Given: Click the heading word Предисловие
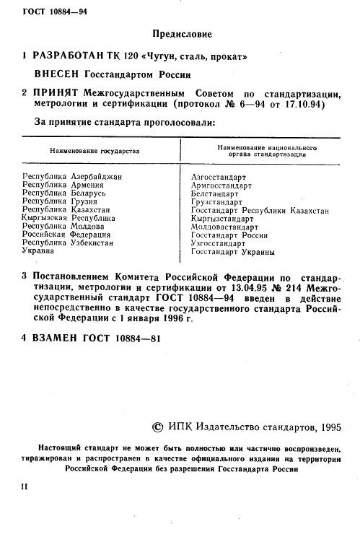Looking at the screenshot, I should tap(183, 32).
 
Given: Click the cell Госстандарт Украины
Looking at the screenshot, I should tap(233, 252).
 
